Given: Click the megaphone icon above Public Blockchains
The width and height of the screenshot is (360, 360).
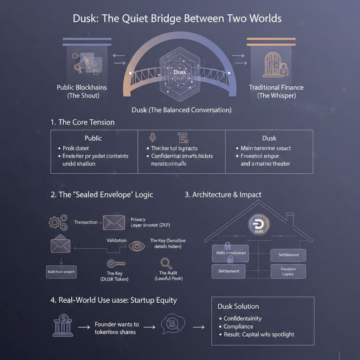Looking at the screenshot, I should [80, 64].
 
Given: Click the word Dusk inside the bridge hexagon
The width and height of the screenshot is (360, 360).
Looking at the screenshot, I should [179, 72].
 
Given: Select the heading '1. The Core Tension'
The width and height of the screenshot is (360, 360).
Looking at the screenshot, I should [83, 122].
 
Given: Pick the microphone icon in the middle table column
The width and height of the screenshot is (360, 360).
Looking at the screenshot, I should [152, 137].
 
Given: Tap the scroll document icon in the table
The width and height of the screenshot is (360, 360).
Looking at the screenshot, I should [182, 137].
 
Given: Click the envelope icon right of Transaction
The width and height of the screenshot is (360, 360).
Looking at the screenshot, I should [114, 223].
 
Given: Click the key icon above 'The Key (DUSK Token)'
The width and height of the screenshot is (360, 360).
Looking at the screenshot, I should [116, 263].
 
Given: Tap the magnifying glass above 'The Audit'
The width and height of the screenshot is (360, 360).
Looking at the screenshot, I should [166, 263].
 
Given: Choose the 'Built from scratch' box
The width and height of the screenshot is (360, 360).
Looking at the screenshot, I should [61, 272].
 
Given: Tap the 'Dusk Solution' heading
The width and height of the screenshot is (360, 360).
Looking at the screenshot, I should [238, 307].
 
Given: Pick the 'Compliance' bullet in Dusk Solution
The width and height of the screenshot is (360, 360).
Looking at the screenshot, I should [238, 326].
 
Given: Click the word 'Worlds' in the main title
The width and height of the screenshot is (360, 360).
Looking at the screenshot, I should [265, 18].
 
